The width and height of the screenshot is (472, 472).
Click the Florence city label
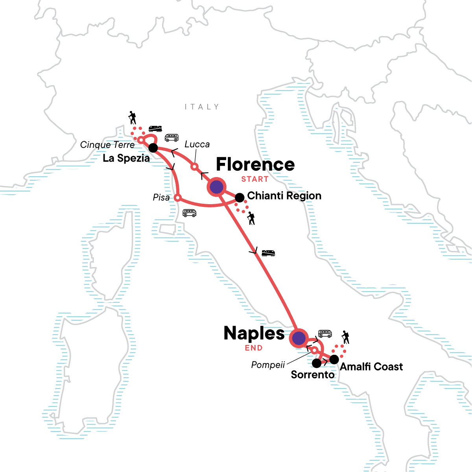coord(255,164)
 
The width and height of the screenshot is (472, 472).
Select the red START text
coord(255,179)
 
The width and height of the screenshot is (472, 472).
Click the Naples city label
coord(254,334)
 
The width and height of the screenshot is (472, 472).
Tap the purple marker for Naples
coord(299,338)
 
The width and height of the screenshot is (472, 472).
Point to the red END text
coord(254,348)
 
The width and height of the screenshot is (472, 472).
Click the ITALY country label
coord(202,107)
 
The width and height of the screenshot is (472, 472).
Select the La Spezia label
coord(126,158)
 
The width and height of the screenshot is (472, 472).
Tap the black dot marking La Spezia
coord(153,148)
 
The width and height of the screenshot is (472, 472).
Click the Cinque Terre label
coord(107,145)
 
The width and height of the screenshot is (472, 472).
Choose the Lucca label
coord(197,144)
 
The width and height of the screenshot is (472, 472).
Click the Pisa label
coord(161,197)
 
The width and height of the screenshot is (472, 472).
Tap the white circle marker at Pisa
coord(178,197)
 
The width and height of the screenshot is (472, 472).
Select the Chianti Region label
coord(284,196)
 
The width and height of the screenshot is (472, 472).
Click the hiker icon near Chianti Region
coord(251,218)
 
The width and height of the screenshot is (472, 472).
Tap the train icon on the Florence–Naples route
coord(268,253)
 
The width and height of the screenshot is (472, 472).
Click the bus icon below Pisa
coord(190,213)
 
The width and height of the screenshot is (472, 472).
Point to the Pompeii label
coord(268,365)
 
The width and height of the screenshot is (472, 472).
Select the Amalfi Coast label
coord(371,367)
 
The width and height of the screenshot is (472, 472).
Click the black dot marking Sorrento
coord(317,363)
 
